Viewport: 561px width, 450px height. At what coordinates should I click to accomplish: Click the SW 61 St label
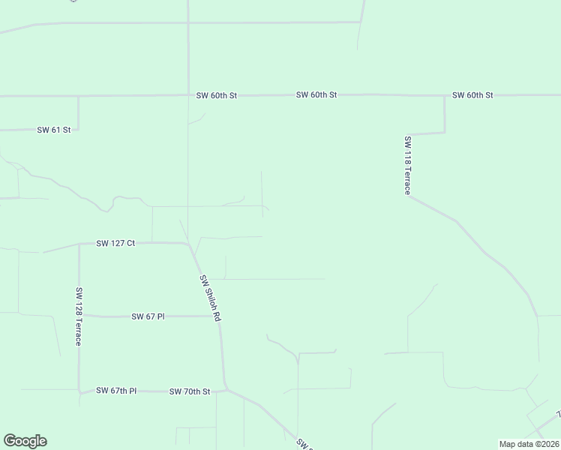(53, 130)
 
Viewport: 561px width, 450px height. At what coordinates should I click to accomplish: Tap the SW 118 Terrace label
(408, 165)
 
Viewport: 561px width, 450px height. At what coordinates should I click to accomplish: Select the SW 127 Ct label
(115, 243)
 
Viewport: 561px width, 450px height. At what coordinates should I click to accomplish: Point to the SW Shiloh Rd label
(210, 298)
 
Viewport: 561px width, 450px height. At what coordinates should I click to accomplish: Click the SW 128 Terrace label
(79, 316)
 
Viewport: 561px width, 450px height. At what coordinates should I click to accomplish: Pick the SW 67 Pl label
(148, 316)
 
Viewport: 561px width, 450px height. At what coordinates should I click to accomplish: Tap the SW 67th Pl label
(116, 391)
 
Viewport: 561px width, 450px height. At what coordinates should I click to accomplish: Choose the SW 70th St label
(190, 391)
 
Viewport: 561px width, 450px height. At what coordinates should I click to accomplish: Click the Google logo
(25, 441)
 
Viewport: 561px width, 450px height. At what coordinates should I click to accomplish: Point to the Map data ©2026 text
(529, 443)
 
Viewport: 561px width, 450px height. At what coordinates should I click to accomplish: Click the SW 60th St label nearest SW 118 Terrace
(472, 95)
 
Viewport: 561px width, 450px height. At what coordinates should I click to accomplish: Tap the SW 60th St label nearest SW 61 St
(216, 96)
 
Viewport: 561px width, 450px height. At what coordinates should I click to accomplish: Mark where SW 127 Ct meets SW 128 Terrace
(79, 244)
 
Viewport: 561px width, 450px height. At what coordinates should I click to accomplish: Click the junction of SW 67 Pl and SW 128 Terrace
(79, 316)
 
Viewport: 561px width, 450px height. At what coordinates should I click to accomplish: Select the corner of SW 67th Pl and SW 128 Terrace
(79, 391)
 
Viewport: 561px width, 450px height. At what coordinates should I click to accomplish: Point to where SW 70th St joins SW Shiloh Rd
(225, 389)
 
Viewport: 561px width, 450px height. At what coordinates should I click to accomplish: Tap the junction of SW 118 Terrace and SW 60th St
(445, 95)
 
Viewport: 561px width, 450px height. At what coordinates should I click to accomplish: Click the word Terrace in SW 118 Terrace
(408, 176)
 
